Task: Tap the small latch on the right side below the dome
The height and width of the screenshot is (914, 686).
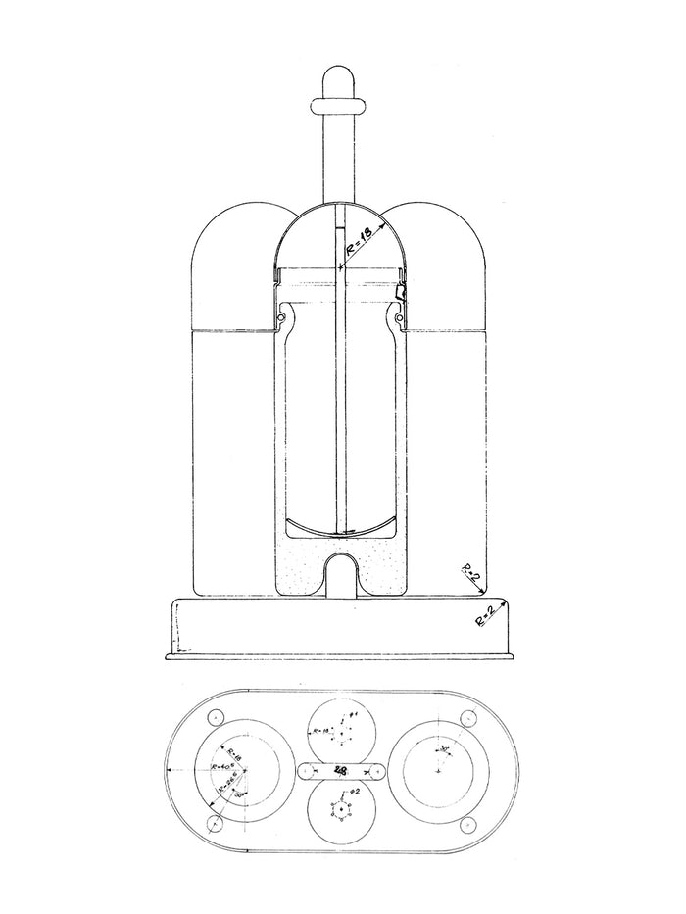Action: (400, 293)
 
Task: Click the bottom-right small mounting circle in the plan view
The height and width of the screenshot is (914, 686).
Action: (467, 824)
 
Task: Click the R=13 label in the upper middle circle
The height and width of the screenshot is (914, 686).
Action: (318, 731)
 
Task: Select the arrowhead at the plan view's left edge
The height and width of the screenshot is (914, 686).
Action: (171, 771)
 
